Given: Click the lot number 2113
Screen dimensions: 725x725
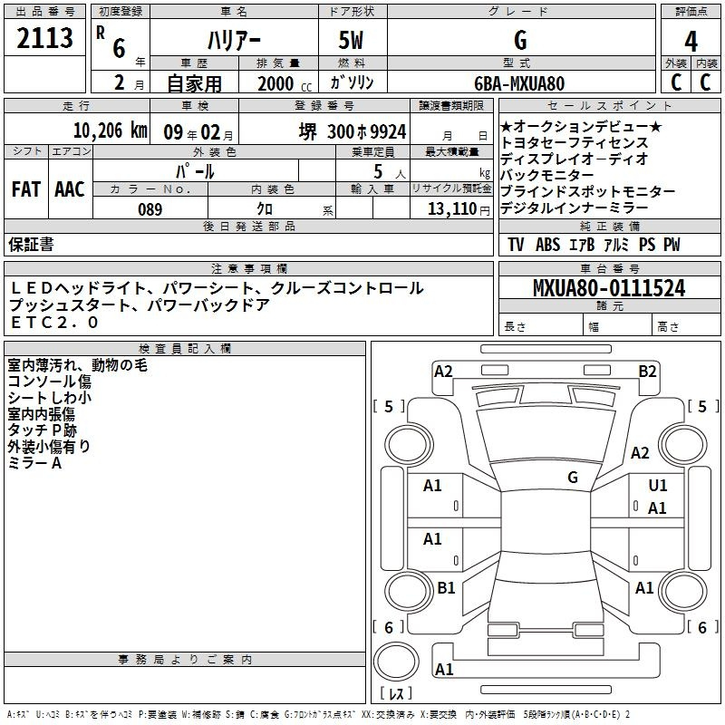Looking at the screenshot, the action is [44, 37].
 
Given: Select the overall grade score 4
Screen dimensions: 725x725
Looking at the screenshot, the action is [691, 41].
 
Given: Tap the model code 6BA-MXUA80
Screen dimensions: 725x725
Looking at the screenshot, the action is [519, 83].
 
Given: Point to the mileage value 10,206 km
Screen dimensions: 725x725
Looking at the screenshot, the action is [110, 130].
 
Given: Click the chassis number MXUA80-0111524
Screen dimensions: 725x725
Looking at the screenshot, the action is [609, 288].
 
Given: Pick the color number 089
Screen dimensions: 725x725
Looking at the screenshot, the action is [150, 209].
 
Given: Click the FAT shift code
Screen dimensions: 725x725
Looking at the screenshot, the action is [26, 189].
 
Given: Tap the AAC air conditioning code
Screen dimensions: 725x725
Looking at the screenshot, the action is [70, 189].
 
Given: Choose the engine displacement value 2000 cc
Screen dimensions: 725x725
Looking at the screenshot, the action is [285, 84].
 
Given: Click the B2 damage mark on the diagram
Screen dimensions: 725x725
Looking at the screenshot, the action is [647, 372].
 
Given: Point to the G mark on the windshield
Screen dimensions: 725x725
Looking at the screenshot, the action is [573, 478].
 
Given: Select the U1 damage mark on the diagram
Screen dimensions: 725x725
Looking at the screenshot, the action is [658, 486].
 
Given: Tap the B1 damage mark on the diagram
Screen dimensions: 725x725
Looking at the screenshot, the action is [446, 587].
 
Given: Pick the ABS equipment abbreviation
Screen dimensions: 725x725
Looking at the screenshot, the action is [547, 245].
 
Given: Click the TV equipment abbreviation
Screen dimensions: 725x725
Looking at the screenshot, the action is [516, 245].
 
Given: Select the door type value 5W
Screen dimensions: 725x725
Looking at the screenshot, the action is [351, 40].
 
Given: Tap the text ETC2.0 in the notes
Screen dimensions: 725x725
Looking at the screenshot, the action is [54, 323].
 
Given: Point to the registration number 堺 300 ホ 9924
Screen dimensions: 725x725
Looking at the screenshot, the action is [353, 131].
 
